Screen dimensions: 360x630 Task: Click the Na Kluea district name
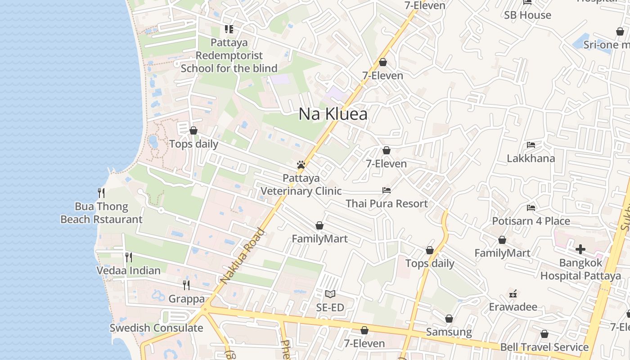pos(333,114)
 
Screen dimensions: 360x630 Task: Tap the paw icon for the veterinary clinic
pos(301,165)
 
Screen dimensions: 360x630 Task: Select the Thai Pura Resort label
pos(387,203)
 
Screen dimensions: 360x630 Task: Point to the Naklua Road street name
pos(243,256)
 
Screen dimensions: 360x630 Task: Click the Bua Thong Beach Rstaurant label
pos(101,213)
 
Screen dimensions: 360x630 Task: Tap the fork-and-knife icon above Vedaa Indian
pos(129,257)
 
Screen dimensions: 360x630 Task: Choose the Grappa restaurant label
pos(186,299)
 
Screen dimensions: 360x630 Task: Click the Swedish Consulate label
pos(156,328)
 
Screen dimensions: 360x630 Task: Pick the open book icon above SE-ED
pos(330,294)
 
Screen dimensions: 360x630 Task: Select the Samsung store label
pos(449,332)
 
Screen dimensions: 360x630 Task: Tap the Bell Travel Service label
pos(544,347)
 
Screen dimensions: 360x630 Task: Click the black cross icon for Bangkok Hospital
pos(580,249)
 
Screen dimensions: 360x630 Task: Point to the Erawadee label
pos(513,307)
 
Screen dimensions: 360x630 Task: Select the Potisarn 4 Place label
pos(531,221)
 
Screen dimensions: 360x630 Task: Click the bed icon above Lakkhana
pos(531,145)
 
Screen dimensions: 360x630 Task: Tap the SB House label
pos(527,15)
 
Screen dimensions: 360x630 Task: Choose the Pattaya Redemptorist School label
pos(229,56)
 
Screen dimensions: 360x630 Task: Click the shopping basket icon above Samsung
pos(449,319)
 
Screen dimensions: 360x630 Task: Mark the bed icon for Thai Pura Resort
pos(387,190)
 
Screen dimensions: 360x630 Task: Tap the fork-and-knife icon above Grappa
pos(186,285)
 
